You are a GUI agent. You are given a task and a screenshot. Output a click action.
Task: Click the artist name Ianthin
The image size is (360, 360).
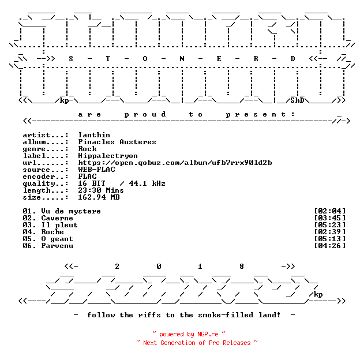tap(94, 135)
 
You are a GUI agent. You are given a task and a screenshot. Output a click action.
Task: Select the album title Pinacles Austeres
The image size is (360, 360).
tap(117, 142)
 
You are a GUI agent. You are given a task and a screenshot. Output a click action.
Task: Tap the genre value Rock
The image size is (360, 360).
tap(88, 149)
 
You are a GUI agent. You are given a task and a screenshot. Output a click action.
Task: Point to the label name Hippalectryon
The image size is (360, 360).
tap(108, 156)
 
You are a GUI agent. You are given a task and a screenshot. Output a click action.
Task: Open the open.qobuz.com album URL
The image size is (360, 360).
tap(175, 163)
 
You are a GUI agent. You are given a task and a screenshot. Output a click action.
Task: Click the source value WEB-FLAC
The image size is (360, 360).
tap(96, 170)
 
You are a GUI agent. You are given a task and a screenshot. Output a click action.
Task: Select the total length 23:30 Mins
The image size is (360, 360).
tap(101, 190)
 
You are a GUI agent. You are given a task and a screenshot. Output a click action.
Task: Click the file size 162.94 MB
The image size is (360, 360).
tap(99, 197)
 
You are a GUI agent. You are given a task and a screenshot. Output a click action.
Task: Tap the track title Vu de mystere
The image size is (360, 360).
tap(71, 211)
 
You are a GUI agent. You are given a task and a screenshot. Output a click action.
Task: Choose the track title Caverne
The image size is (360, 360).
tap(57, 218)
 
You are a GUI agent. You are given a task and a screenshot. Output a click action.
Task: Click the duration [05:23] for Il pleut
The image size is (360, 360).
tap(330, 225)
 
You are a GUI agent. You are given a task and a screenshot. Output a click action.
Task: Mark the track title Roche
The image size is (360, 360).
tap(52, 232)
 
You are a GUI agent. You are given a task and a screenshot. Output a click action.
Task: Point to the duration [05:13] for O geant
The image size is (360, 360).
tap(330, 239)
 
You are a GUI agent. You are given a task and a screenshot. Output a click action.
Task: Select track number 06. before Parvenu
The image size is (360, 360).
tap(29, 246)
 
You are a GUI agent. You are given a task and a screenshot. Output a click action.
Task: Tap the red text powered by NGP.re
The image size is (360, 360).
tap(189, 334)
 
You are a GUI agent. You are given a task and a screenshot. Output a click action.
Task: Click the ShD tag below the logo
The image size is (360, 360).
tap(297, 100)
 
